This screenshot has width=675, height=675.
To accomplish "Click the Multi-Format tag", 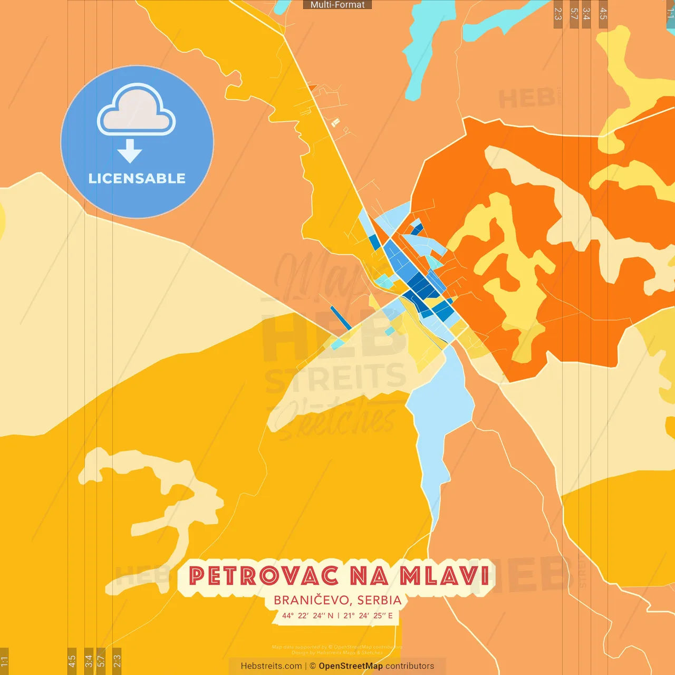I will [337, 5].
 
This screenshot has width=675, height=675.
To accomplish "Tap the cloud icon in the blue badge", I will [137, 110].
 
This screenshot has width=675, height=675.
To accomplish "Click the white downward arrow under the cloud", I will [130, 151].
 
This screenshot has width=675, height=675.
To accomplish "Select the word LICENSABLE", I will [137, 178].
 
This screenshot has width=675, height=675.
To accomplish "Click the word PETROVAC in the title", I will [263, 576].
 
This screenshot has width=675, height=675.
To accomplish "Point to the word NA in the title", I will [369, 576].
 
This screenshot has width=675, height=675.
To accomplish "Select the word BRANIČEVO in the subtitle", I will [311, 600].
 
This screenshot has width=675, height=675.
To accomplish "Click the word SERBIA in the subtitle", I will [379, 600].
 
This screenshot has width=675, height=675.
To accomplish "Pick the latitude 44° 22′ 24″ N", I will [307, 615].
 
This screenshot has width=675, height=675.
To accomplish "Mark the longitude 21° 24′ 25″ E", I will [368, 615].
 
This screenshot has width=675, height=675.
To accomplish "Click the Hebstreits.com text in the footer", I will [271, 666].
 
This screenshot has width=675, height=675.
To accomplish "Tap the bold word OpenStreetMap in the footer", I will [351, 666].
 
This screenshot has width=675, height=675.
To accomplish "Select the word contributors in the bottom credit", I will [410, 666].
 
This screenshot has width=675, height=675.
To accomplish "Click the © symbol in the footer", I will [313, 666].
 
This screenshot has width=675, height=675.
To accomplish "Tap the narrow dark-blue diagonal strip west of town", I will [341, 318].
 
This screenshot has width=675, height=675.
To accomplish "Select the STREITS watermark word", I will [335, 379].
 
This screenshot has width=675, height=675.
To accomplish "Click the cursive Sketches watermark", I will [337, 419].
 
